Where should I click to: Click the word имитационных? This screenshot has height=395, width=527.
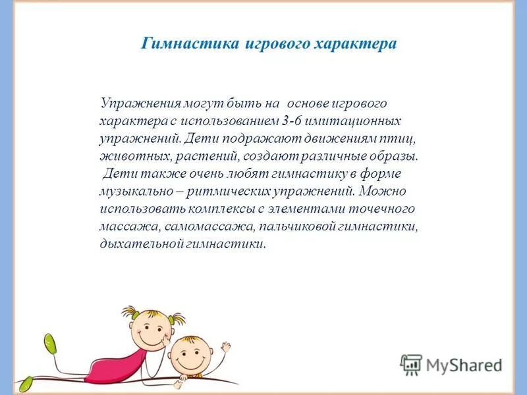point(345,122)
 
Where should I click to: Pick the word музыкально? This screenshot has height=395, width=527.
point(134,192)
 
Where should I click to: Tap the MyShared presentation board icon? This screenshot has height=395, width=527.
point(411,364)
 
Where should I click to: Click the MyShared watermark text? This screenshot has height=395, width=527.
point(464,365)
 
